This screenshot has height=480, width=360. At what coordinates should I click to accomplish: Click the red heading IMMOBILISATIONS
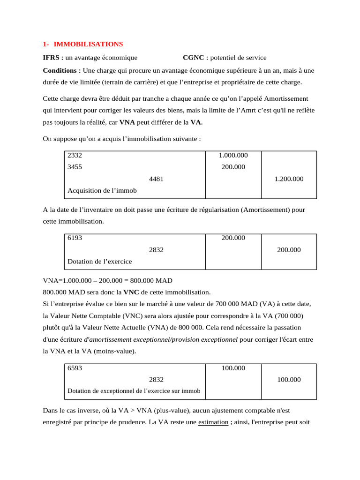[88, 44]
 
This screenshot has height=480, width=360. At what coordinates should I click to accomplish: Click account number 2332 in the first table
[75, 155]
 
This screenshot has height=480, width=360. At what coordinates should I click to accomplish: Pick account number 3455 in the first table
[75, 167]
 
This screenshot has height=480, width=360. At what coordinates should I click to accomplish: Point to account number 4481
[156, 179]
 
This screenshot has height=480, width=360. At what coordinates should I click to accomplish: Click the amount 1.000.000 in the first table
[233, 155]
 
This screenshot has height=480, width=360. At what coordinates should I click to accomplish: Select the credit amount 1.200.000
[289, 179]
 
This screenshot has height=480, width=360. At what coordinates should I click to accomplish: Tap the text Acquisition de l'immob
[102, 191]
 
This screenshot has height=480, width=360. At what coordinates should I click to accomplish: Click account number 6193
[75, 238]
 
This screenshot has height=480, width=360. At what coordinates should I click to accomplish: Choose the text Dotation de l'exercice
[99, 262]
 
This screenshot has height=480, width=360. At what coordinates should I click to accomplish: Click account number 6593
[75, 368]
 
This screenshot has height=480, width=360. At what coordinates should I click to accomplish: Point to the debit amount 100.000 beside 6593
[233, 368]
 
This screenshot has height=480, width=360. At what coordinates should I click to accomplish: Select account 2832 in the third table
[156, 380]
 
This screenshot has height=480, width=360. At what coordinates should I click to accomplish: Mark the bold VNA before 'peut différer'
[128, 122]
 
